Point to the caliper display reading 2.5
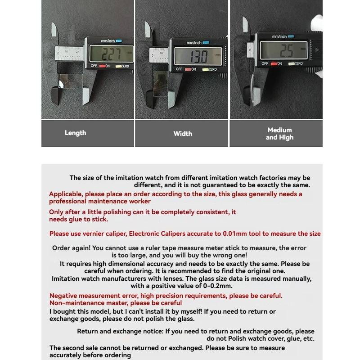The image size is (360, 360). [283, 50]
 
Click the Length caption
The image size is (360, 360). [75, 133]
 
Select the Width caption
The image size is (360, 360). [183, 134]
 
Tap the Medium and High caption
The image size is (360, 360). [279, 134]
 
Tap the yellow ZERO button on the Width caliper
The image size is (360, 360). [205, 69]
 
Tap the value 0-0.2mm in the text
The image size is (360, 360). [218, 286]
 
